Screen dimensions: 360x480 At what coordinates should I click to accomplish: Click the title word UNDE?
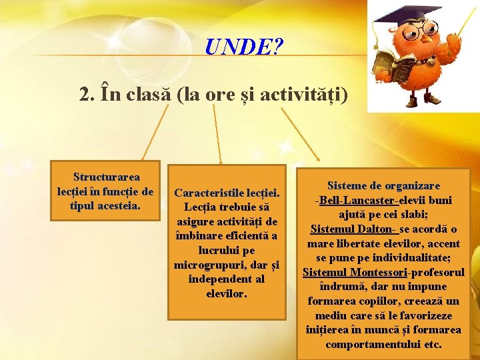244,46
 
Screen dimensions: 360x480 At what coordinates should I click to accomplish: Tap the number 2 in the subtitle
85,95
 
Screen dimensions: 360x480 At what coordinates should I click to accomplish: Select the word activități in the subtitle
310,95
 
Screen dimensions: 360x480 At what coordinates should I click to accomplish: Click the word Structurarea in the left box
107,177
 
